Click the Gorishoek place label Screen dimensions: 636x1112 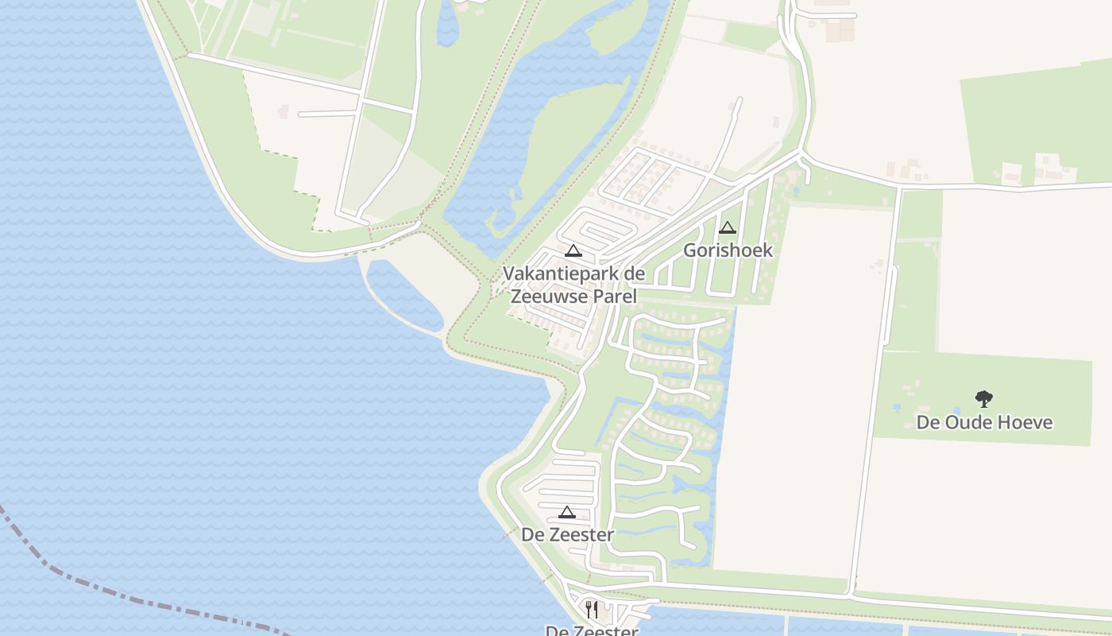(x=728, y=250)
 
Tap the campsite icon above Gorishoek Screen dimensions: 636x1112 (x=728, y=228)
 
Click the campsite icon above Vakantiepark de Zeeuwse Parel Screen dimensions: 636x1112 (x=573, y=250)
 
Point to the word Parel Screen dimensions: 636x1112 (x=616, y=297)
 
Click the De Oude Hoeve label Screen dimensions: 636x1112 (x=984, y=422)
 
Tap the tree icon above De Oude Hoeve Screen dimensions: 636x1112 (x=984, y=398)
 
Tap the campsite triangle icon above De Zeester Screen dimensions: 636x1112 (x=566, y=512)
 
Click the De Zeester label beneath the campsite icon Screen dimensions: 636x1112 (x=567, y=535)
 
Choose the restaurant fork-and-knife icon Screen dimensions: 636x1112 (x=591, y=610)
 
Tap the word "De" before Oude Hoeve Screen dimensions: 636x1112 (x=928, y=422)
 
